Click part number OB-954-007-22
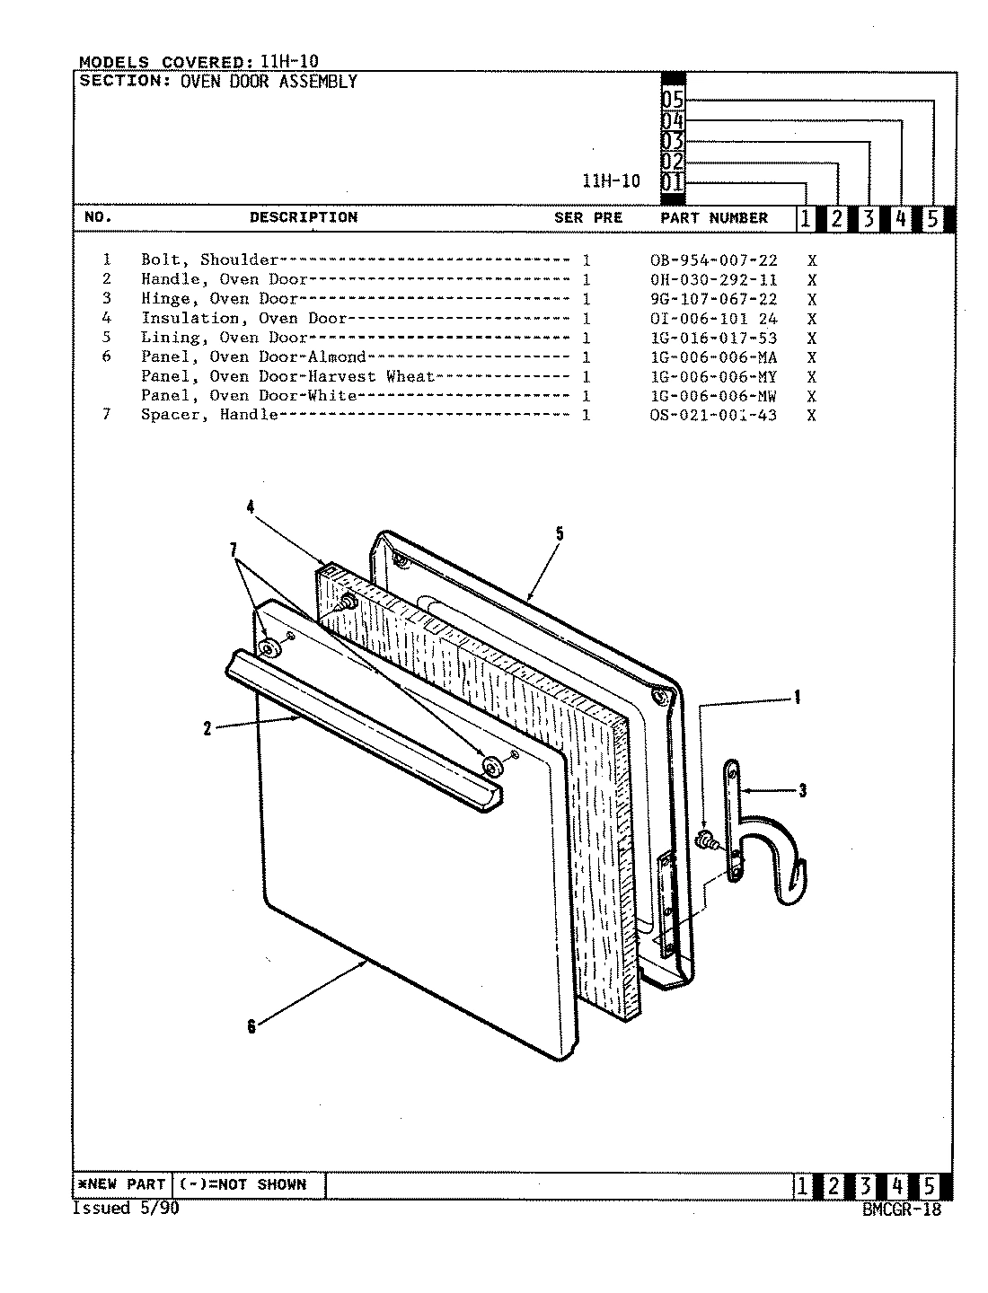713,260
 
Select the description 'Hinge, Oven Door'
219,299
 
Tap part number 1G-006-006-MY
713,377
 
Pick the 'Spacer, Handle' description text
208,415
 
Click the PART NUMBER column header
714,218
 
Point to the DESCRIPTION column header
303,217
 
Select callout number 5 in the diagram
559,534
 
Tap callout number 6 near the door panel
251,1026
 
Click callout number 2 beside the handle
207,729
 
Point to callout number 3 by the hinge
802,790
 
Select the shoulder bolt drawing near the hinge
706,840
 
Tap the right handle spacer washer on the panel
491,765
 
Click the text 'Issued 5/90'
125,1209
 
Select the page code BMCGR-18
901,1209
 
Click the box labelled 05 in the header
673,100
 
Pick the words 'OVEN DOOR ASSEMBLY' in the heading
269,82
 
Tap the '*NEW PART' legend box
120,1184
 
